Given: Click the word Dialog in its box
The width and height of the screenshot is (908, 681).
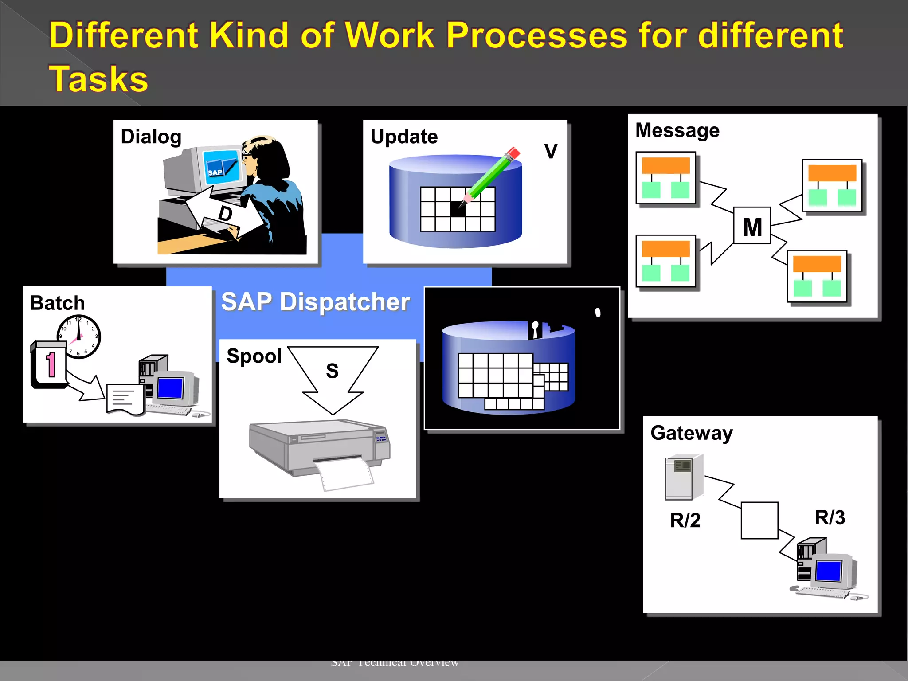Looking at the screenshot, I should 151,137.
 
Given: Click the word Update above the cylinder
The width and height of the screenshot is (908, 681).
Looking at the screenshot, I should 404,137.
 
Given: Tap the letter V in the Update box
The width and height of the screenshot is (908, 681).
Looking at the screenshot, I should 551,152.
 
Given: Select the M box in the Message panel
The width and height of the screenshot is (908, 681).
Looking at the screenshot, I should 752,226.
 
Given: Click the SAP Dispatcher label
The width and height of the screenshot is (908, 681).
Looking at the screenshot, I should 315,302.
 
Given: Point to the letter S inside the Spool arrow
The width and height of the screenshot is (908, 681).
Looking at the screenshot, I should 332,371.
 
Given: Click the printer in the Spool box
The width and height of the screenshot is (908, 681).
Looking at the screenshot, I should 319,448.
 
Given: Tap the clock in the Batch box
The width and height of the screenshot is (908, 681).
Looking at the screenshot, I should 79,337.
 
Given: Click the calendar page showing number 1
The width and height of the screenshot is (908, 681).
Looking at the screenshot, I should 50,364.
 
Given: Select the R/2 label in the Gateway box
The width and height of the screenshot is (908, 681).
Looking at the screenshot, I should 685,520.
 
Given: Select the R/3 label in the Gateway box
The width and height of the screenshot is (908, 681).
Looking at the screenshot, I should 830,517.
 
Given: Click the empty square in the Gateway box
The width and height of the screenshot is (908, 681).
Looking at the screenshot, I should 759,520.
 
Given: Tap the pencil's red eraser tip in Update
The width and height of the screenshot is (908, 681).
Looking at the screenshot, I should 513,153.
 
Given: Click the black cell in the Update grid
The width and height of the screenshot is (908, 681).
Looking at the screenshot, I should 458,209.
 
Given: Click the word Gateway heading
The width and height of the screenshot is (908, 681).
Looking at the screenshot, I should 691,433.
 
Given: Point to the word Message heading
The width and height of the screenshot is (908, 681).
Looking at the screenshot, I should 677,130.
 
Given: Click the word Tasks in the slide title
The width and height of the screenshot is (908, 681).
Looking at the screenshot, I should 98,79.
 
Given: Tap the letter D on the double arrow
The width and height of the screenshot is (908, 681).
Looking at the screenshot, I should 225,213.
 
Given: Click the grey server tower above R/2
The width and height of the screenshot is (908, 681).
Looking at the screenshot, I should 683,477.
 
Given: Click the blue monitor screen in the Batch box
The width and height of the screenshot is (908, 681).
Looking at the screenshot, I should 170,388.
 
